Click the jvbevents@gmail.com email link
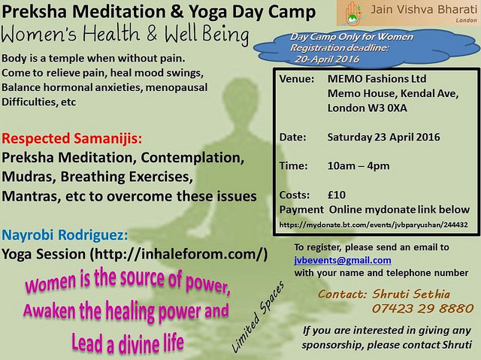pos(343,260)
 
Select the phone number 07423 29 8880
pos(423,308)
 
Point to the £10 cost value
pos(337,195)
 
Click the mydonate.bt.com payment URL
pos(374,225)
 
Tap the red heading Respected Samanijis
pos(72,138)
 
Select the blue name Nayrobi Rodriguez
pos(65,235)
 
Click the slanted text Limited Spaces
pos(258,316)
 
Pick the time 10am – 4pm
pos(358,166)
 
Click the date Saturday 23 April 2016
pos(383,137)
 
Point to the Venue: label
pos(297,79)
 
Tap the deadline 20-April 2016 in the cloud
pos(327,59)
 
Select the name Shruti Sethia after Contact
pos(411,294)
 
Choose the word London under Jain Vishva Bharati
pos(466,20)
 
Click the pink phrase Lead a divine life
pos(127,343)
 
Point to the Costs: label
pos(295,195)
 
